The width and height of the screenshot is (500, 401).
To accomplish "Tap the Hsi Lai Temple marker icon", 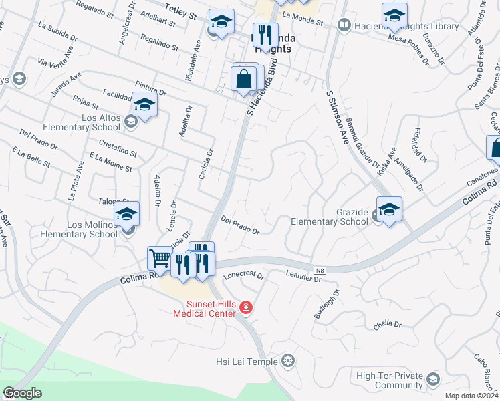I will tap(288, 362).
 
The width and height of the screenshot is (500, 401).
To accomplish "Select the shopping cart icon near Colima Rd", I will tap(159, 257).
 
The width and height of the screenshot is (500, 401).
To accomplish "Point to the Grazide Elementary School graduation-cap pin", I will tap(388, 208).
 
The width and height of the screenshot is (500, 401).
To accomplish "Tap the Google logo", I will tap(23, 393).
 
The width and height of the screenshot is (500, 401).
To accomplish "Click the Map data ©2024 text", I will tap(471, 396).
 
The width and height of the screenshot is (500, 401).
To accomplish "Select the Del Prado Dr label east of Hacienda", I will tap(239, 226).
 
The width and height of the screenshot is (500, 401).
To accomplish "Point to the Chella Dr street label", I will tap(388, 324).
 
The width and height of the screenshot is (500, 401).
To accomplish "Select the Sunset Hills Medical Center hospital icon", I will tap(247, 307).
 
